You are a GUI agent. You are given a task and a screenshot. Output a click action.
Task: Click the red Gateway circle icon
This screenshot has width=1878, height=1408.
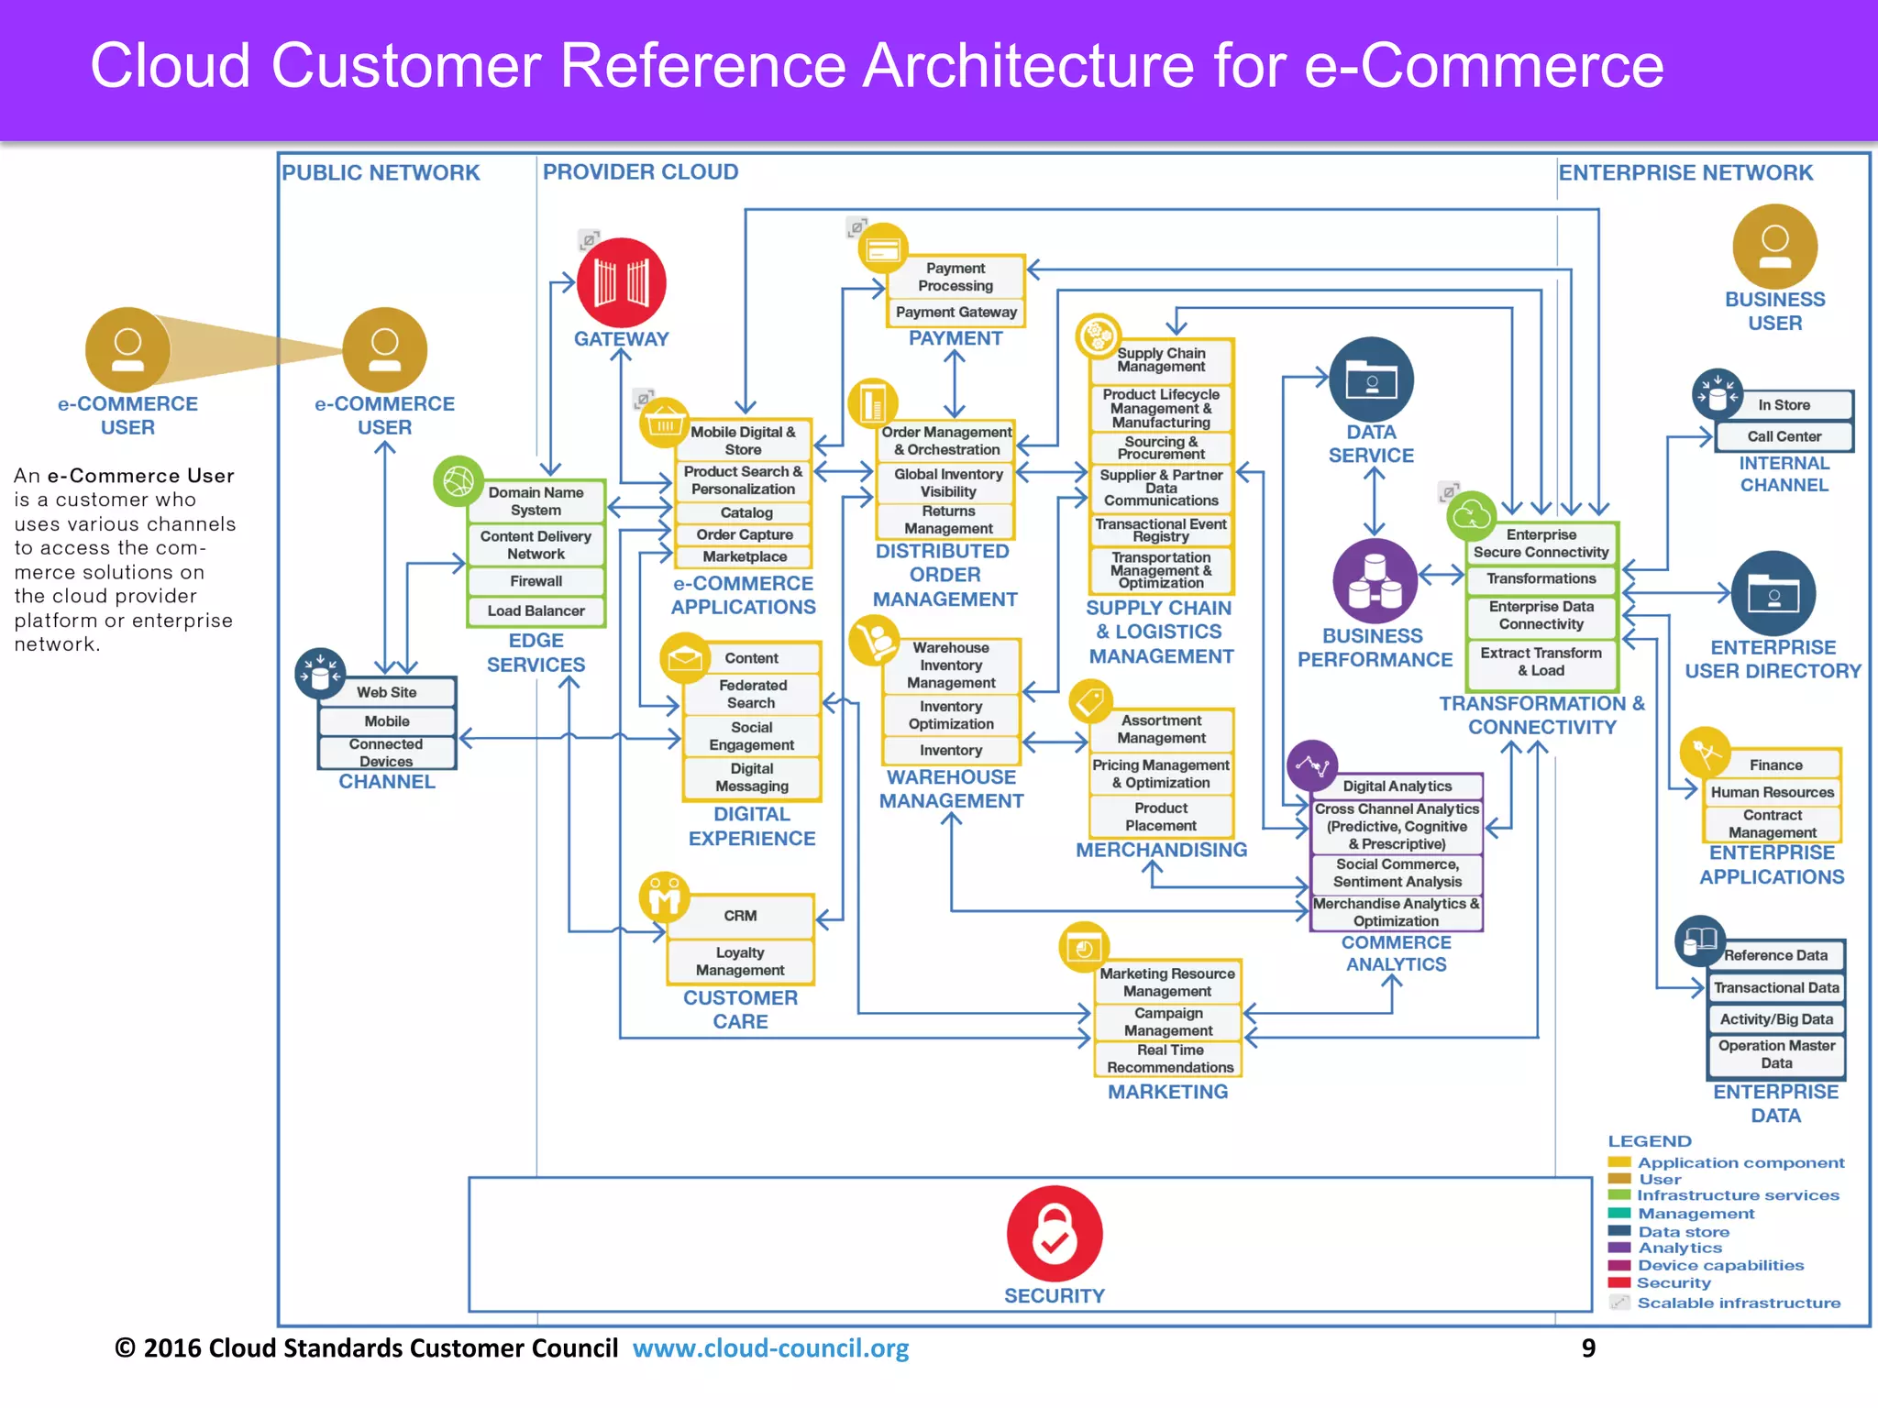[621, 282]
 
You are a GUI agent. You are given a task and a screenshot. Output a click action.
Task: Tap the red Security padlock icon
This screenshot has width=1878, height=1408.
[1054, 1234]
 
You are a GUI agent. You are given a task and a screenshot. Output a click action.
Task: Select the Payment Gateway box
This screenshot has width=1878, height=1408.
[956, 313]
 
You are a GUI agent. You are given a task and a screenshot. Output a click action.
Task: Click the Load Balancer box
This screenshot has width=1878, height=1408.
[536, 610]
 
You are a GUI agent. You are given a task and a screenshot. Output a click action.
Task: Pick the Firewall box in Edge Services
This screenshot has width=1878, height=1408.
[536, 581]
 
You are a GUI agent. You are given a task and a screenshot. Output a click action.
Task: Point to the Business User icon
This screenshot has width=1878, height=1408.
[1774, 247]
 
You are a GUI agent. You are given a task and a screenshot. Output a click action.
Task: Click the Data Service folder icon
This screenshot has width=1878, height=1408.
[1371, 379]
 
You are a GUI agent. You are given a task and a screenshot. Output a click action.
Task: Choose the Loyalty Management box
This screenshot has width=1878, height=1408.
[740, 962]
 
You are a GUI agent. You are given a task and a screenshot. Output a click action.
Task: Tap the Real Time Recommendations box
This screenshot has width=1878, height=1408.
[1169, 1059]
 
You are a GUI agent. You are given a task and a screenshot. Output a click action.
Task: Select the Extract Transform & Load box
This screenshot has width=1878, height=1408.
[1541, 662]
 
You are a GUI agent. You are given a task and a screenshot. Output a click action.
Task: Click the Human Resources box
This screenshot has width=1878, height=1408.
[1772, 792]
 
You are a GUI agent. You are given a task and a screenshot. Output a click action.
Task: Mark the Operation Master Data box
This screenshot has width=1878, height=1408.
[1776, 1054]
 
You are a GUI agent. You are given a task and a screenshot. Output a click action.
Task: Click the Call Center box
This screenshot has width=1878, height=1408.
[1784, 436]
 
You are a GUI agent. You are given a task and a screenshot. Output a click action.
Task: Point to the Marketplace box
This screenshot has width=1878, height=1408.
[745, 556]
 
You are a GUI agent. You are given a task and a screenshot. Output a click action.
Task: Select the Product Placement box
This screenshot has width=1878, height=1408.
[1161, 817]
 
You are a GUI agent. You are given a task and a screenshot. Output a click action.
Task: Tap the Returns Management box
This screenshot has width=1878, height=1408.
[948, 520]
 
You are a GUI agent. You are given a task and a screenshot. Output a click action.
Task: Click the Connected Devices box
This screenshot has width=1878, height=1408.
[386, 753]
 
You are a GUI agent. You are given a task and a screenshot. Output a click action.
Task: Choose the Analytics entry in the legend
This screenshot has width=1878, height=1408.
[1679, 1248]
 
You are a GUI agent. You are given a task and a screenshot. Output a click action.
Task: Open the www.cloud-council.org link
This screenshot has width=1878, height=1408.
[770, 1348]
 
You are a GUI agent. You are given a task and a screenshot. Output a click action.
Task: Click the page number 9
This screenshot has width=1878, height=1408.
[1588, 1348]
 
